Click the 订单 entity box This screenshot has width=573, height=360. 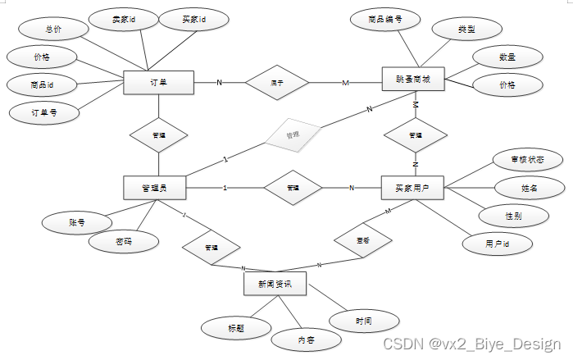[x=158, y=82]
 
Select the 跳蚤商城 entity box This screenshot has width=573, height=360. [x=413, y=80]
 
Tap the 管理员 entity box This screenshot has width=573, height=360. [x=153, y=188]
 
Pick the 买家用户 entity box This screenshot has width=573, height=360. [x=412, y=188]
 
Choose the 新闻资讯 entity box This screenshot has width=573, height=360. [x=275, y=284]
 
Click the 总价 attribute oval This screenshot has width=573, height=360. [x=52, y=30]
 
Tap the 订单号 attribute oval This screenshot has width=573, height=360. [x=43, y=112]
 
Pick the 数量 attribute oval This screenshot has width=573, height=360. [x=507, y=57]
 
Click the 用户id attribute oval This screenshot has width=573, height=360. [x=498, y=244]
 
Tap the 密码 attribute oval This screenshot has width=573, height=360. [x=123, y=241]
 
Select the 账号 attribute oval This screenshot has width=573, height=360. [x=77, y=221]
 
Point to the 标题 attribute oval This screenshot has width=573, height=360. [x=236, y=326]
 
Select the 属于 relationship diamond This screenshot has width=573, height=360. [x=276, y=82]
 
